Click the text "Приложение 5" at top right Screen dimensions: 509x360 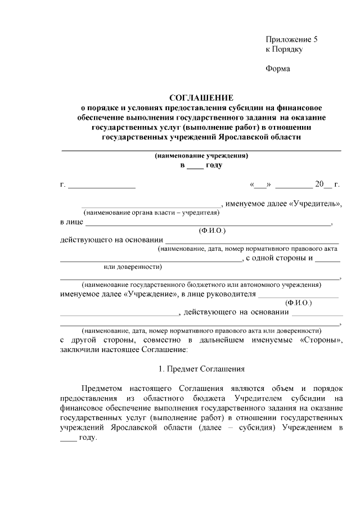click(x=291, y=39)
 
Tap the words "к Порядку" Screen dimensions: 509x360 click(x=284, y=49)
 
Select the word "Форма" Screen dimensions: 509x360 click(x=277, y=69)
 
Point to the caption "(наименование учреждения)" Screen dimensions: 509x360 click(x=201, y=156)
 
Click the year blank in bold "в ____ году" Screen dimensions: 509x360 click(x=194, y=166)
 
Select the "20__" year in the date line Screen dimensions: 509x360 click(x=322, y=184)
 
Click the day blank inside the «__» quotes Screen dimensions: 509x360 click(x=261, y=184)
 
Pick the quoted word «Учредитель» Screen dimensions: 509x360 click(x=315, y=203)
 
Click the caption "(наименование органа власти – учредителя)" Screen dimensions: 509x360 click(x=151, y=213)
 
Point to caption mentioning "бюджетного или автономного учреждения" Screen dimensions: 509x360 click(x=201, y=285)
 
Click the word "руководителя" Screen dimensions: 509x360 click(x=232, y=294)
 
